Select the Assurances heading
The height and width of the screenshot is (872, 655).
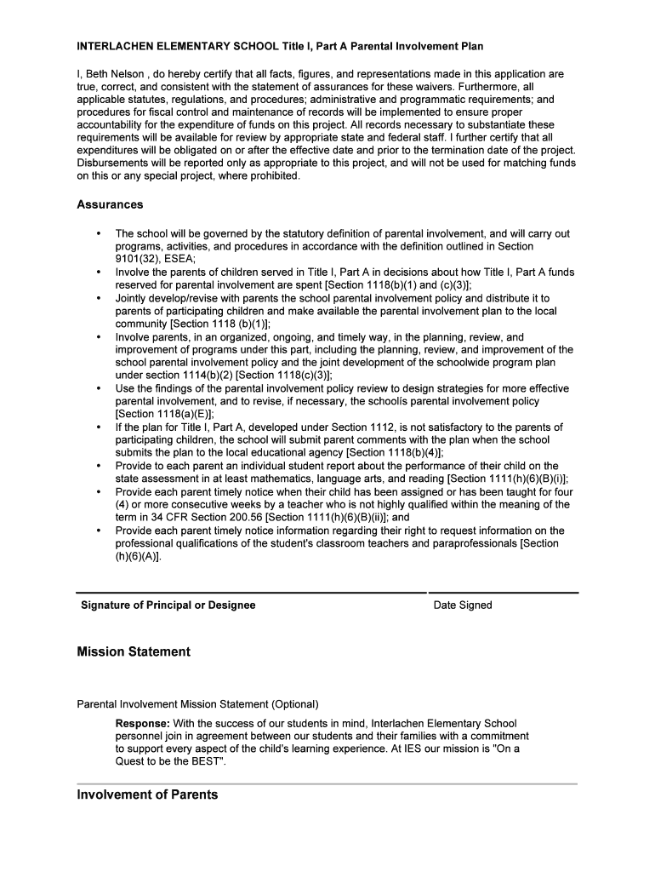(x=110, y=204)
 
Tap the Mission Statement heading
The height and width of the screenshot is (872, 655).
(x=134, y=651)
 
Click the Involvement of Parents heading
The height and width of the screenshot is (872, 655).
(x=147, y=795)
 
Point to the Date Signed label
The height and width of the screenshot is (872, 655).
(x=463, y=605)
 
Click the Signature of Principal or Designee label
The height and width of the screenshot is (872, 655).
(x=168, y=605)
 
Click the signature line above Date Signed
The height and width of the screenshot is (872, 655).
(x=504, y=593)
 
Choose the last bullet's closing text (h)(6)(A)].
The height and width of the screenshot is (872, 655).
(x=138, y=556)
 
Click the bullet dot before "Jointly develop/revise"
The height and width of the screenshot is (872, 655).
(x=99, y=298)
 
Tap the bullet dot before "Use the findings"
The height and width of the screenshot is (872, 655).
(x=99, y=388)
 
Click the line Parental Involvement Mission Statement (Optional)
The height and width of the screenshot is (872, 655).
(x=197, y=704)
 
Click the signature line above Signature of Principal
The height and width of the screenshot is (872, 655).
(x=251, y=593)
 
